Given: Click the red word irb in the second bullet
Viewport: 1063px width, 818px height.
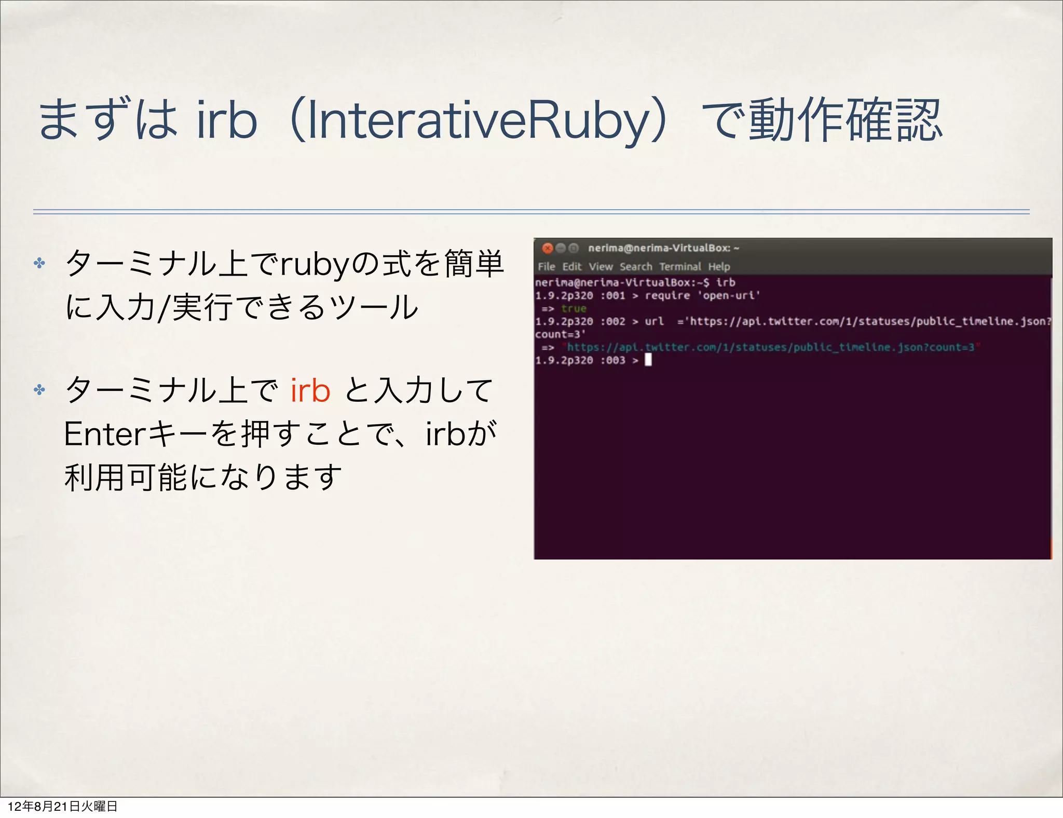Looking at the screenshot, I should tap(310, 390).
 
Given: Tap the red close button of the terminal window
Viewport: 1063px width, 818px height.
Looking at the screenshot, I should tap(547, 248).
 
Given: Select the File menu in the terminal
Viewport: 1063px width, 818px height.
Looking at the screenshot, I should tap(546, 267).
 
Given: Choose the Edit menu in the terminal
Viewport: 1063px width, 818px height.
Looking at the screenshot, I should tap(572, 267).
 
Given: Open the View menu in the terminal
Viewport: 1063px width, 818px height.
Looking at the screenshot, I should tap(601, 267).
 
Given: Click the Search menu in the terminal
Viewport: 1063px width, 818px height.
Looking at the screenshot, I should tap(636, 267).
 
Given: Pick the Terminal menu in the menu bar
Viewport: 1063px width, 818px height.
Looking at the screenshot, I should tap(680, 267).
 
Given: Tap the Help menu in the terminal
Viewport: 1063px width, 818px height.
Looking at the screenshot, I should tap(719, 267).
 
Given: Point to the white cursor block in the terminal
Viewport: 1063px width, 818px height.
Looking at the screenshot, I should tap(648, 360).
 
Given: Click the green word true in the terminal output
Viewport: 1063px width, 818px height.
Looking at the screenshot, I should tap(574, 309).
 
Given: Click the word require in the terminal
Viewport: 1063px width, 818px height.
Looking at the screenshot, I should tap(667, 296).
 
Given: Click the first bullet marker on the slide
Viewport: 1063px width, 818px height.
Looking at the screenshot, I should tap(39, 263).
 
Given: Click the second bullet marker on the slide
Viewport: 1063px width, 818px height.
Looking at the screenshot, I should tap(39, 390).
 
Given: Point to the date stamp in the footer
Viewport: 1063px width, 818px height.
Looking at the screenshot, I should tap(62, 806).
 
